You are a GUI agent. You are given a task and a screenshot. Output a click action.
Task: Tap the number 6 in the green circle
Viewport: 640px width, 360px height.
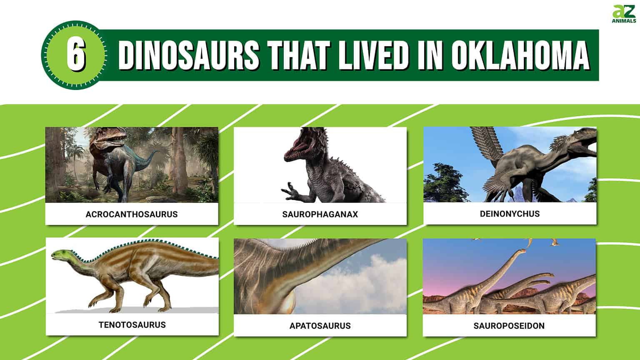(75, 55)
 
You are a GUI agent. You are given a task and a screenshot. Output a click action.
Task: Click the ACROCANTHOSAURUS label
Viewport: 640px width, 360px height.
(132, 214)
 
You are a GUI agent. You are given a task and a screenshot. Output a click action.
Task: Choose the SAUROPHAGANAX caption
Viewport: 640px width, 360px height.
(320, 214)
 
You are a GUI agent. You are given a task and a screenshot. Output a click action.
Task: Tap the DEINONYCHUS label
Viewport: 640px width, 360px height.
(510, 214)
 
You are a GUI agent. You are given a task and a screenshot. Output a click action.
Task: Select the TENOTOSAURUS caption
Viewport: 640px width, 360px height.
(132, 325)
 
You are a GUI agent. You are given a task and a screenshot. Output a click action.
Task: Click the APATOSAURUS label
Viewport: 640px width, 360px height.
(320, 325)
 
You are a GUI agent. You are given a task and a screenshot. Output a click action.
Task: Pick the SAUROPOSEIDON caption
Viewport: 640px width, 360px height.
(509, 325)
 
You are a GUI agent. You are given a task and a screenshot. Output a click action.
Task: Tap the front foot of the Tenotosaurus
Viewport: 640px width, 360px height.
(94, 306)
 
